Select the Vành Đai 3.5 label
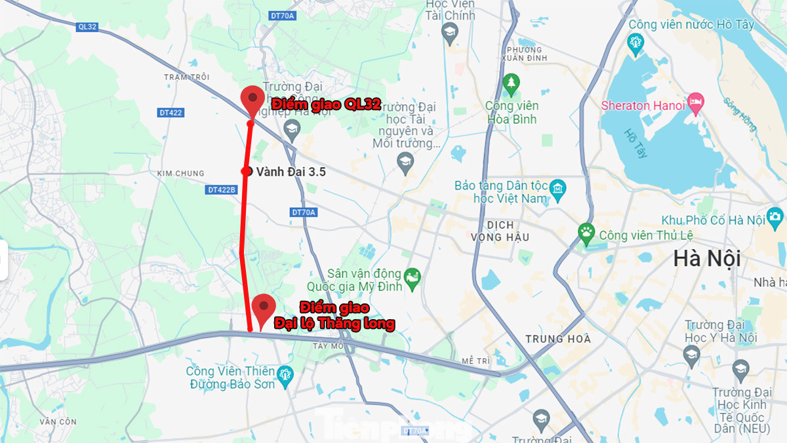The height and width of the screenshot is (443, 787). click(291, 172)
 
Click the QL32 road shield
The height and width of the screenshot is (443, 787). click(87, 27)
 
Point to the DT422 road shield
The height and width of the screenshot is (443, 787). click(171, 113)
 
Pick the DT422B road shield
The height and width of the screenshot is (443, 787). click(221, 190)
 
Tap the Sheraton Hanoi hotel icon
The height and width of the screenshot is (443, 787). click(696, 102)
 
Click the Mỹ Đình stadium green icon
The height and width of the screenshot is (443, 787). click(412, 277)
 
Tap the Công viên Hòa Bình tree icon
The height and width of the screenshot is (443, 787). click(511, 83)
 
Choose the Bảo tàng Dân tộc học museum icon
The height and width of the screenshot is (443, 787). click(557, 188)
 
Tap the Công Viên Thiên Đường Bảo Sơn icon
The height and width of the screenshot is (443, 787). click(285, 376)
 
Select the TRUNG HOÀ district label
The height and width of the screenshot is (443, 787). click(558, 339)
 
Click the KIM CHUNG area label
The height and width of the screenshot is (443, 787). click(180, 173)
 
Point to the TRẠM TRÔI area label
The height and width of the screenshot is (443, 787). click(187, 77)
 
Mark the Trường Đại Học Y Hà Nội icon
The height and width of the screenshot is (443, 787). click(691, 356)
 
